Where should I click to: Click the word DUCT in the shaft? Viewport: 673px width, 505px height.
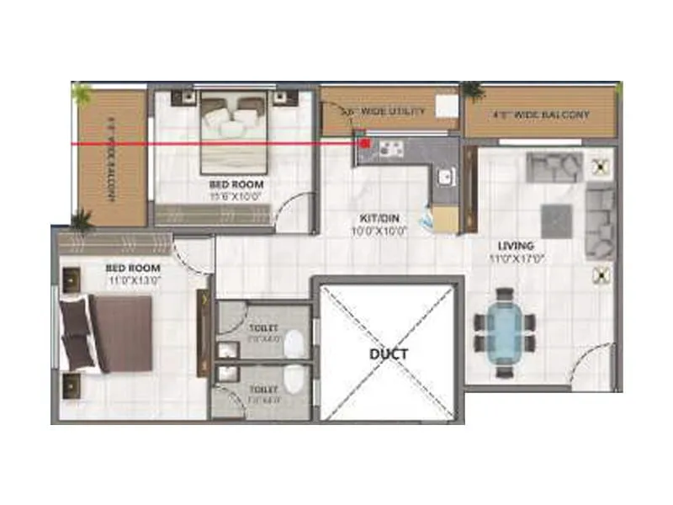[388, 354]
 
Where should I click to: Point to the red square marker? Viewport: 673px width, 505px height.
[365, 144]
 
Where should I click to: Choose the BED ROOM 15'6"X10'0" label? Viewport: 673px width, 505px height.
[236, 183]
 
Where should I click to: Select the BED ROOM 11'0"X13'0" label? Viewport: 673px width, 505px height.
[133, 268]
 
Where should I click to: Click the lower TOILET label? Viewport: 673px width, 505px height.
[263, 390]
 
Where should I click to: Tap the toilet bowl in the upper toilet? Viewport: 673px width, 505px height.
[294, 344]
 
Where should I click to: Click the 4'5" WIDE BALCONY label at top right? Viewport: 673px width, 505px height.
[539, 114]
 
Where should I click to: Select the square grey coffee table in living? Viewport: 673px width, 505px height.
[556, 219]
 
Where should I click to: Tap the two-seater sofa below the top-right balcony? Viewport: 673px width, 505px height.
[554, 166]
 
